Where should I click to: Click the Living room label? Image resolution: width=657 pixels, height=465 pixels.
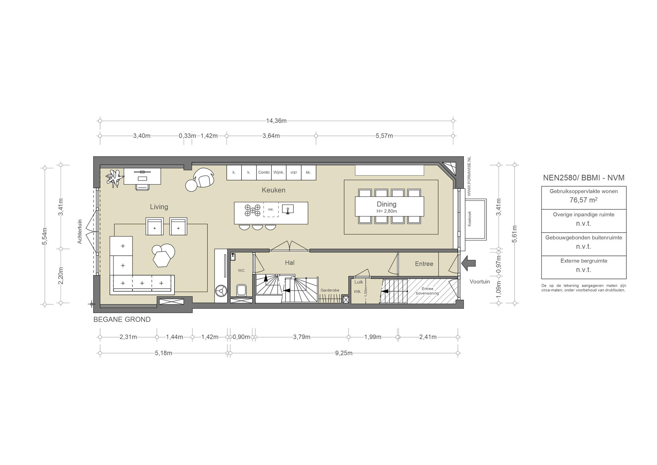pos(159,207)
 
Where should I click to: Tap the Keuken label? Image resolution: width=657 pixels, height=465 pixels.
pos(273,190)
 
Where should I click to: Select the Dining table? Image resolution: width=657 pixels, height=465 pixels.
pos(389,206)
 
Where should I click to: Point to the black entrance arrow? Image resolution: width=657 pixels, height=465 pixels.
pos(469,263)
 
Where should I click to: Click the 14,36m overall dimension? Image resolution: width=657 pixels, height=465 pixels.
pos(276,121)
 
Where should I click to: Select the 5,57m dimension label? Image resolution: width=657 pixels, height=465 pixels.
pos(384,136)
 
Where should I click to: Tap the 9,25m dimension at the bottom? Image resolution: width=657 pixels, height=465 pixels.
pos(344,353)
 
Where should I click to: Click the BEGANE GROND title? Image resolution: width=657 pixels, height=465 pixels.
pos(122,320)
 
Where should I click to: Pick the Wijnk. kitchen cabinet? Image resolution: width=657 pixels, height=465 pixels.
pos(279,172)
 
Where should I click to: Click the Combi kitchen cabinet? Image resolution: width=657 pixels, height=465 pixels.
pos(264,172)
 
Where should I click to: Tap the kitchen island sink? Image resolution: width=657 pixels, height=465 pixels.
pos(288,209)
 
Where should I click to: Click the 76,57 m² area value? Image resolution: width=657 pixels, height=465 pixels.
pos(584,200)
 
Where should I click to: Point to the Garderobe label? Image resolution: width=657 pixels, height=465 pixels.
pos(330,290)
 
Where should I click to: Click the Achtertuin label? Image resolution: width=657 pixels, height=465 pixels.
pos(80,232)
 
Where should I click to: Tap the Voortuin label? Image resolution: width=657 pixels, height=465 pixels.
pos(480,282)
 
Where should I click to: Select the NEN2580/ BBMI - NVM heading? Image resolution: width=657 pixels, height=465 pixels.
pos(584,178)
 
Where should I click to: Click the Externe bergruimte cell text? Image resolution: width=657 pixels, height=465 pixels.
pos(584,261)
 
